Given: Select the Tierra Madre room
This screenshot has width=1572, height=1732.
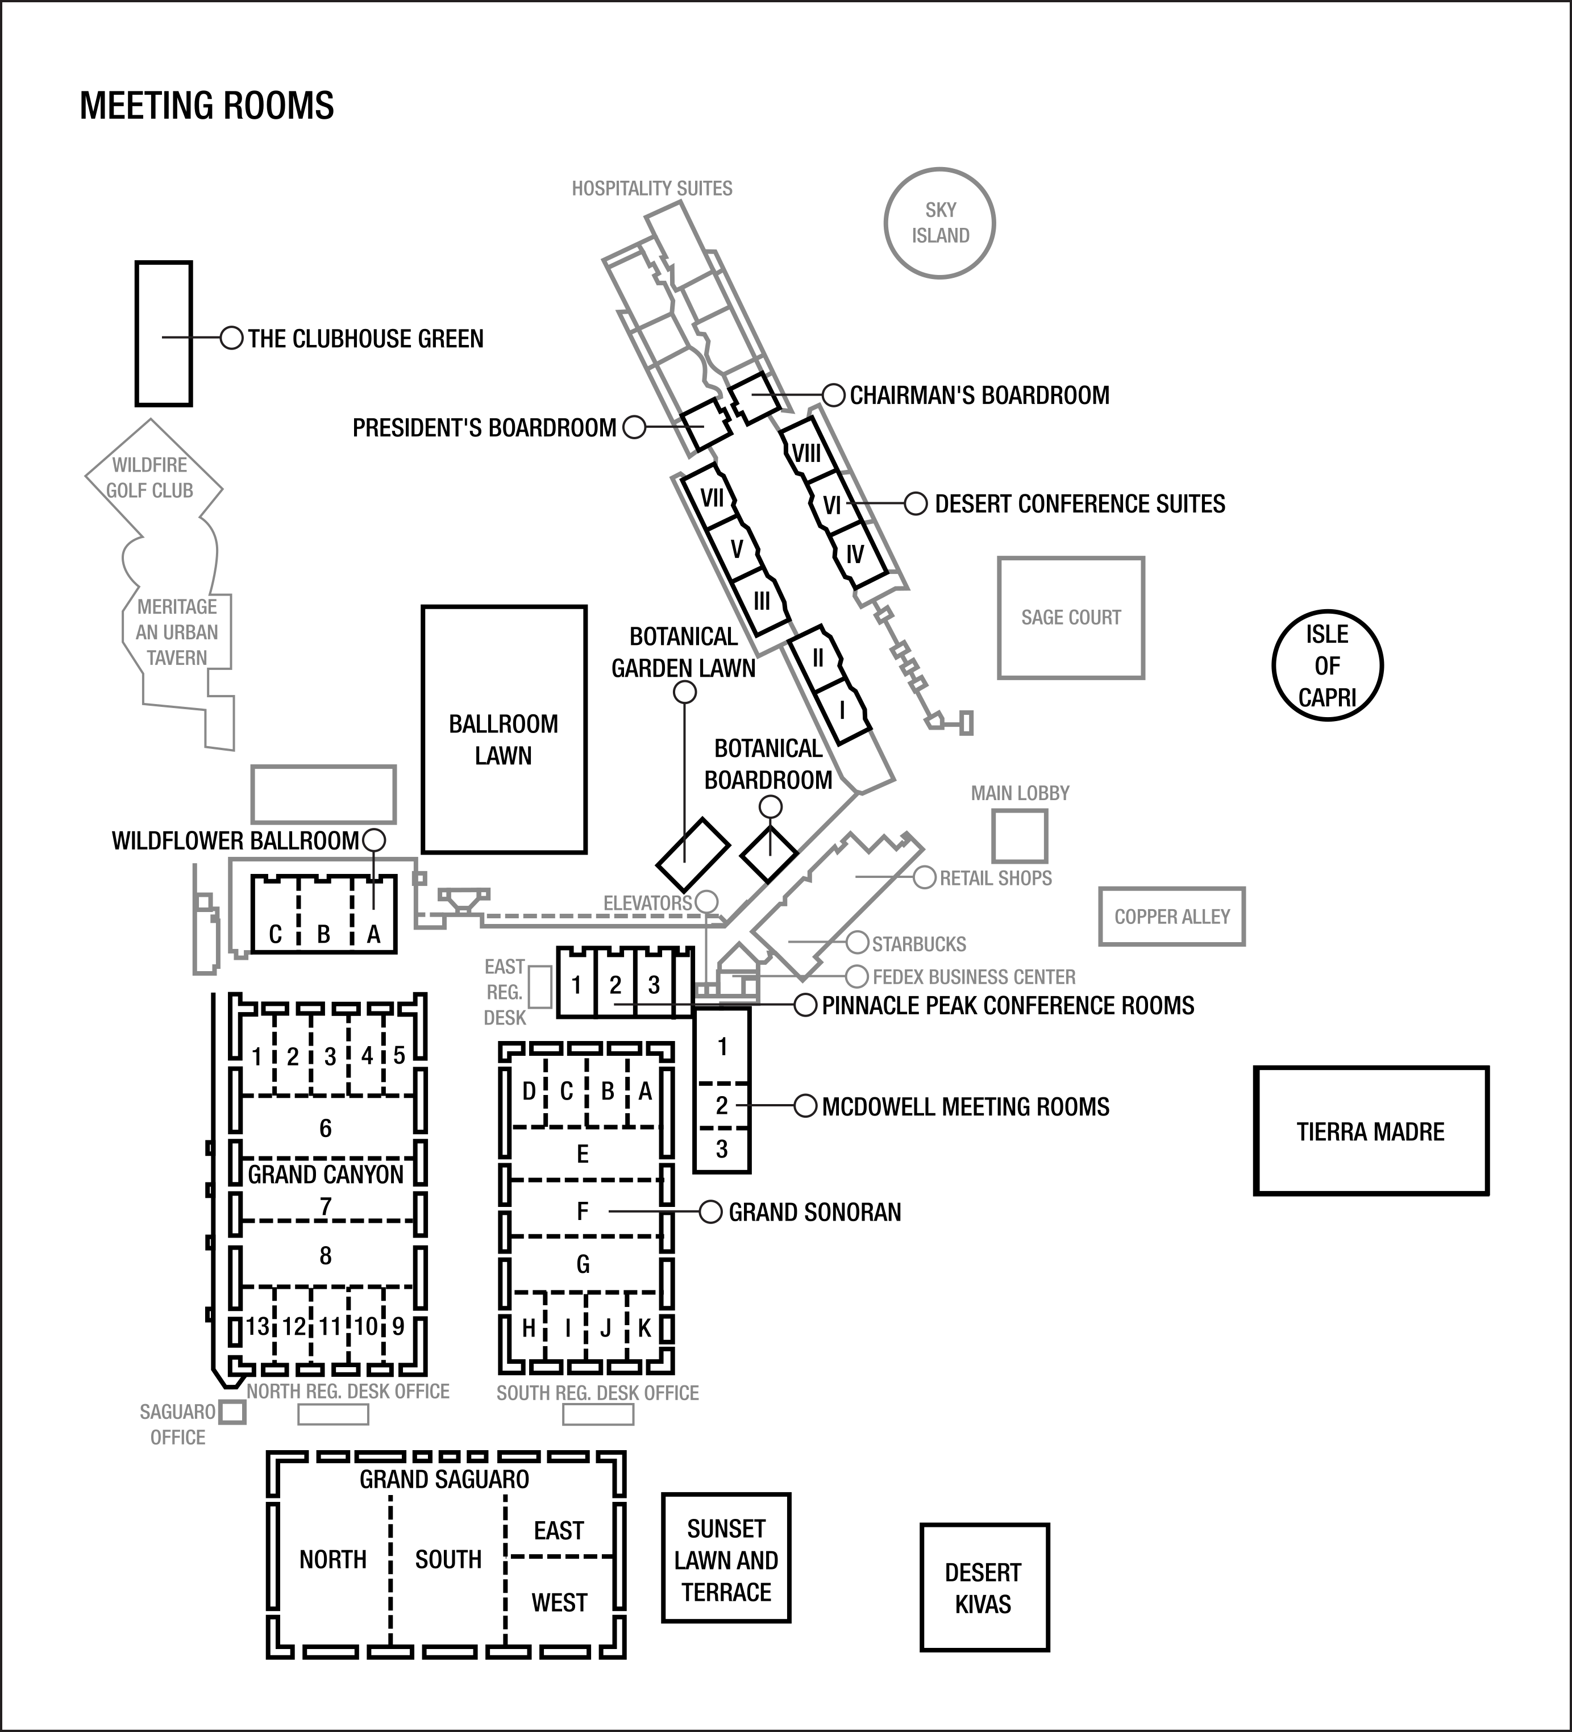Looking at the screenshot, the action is (1371, 1131).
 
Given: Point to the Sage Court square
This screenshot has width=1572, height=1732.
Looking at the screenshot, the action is (1071, 618).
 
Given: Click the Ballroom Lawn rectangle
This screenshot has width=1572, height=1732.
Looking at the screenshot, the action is (504, 730).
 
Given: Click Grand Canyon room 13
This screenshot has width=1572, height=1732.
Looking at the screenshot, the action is (257, 1326).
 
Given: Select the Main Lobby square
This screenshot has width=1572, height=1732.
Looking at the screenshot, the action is (1020, 835).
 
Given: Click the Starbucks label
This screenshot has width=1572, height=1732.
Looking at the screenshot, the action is (919, 944).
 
